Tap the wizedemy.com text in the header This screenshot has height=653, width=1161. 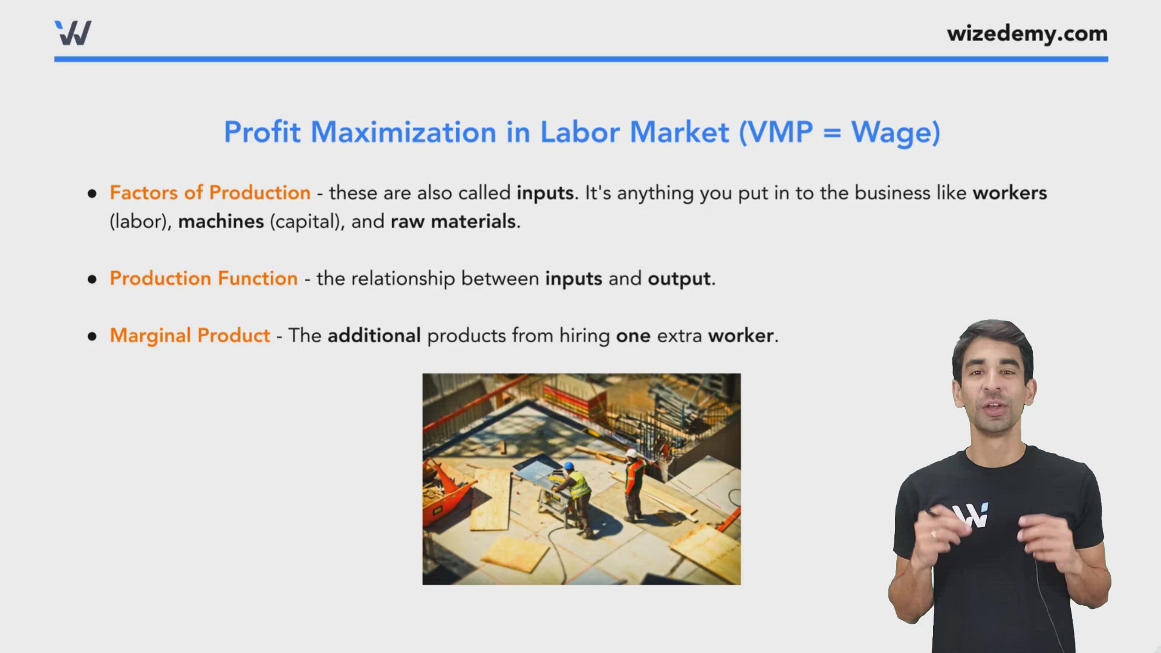pos(1027,33)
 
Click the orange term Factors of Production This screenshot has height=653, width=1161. pos(210,192)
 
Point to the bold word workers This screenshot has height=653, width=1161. pos(1009,192)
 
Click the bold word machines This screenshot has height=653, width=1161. pos(221,221)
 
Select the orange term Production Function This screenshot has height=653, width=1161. pos(204,278)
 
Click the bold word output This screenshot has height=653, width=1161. pos(679,279)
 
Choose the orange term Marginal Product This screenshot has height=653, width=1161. pos(190,335)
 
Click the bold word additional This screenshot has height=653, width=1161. pos(374,335)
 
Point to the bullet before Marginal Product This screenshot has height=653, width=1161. pos(92,336)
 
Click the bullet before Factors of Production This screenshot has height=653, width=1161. pos(92,193)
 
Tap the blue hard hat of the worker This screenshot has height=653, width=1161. pos(568,466)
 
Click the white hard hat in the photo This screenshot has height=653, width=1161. pos(631,453)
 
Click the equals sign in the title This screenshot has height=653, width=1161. pos(831,133)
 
